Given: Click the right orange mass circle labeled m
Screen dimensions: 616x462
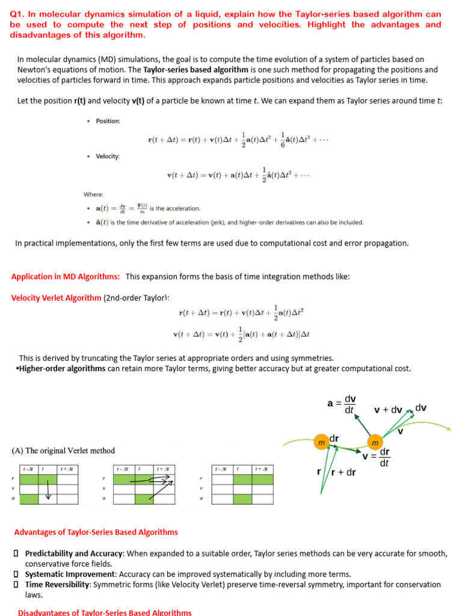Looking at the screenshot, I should click(x=375, y=442).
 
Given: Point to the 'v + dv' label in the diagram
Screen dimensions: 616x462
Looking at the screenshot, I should click(x=388, y=410).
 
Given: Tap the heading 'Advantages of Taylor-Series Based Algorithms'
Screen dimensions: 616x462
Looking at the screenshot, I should click(x=96, y=532).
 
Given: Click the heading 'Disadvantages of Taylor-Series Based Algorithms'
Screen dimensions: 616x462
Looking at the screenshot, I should click(x=105, y=612).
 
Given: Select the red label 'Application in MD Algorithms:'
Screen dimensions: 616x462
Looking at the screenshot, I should click(x=66, y=276).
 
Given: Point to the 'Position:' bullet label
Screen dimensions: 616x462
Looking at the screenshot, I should click(x=108, y=121).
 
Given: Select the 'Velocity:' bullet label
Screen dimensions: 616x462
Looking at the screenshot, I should click(x=108, y=156).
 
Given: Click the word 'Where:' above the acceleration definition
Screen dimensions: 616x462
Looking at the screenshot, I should click(x=93, y=194).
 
